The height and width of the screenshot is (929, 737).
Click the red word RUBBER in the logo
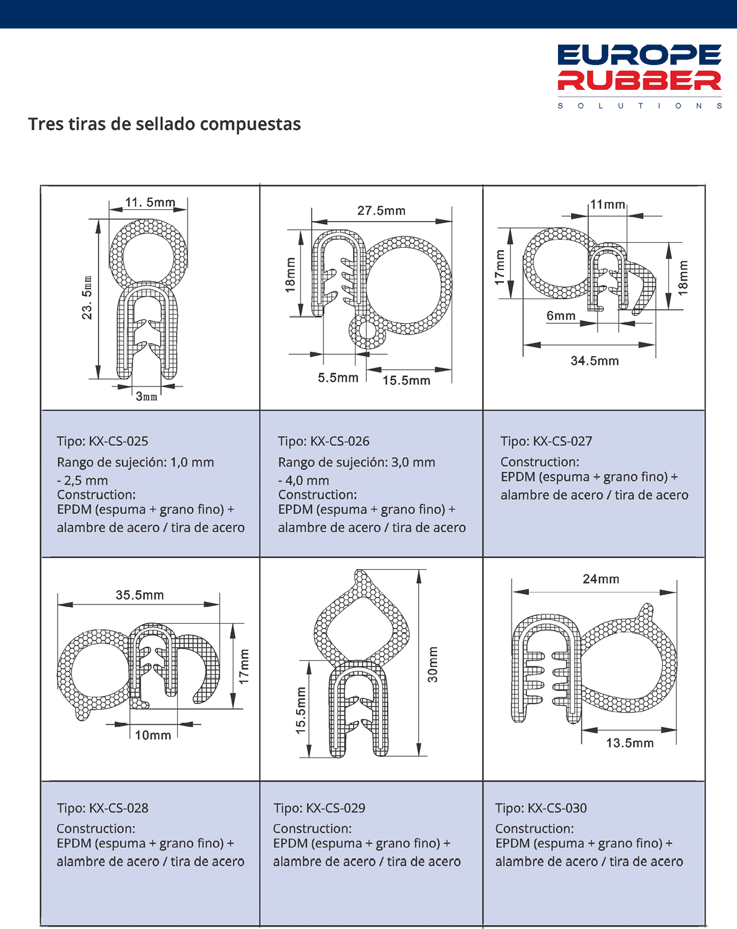(639, 81)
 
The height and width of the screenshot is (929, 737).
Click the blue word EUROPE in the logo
(639, 55)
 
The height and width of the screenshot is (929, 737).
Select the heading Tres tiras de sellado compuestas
(165, 124)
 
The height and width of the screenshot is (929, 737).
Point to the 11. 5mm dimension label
(150, 202)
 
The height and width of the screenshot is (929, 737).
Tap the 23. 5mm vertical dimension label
(87, 297)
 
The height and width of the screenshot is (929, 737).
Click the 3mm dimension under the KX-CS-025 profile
(146, 396)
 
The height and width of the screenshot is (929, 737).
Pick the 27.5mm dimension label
(382, 211)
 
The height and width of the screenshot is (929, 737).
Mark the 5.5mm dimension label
(338, 378)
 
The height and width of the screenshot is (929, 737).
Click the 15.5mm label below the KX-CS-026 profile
(406, 380)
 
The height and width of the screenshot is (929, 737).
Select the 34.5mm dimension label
(595, 360)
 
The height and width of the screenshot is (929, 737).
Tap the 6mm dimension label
(561, 316)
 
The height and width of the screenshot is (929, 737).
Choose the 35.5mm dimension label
(140, 595)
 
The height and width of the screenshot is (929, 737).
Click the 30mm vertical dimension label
(433, 665)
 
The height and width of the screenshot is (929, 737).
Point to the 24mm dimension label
(601, 579)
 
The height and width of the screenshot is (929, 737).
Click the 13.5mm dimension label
(630, 743)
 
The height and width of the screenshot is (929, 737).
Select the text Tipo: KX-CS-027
(546, 441)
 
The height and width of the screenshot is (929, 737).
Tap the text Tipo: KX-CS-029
(320, 808)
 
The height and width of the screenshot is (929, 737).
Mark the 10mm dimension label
(153, 735)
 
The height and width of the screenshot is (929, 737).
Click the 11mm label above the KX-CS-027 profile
(608, 204)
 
